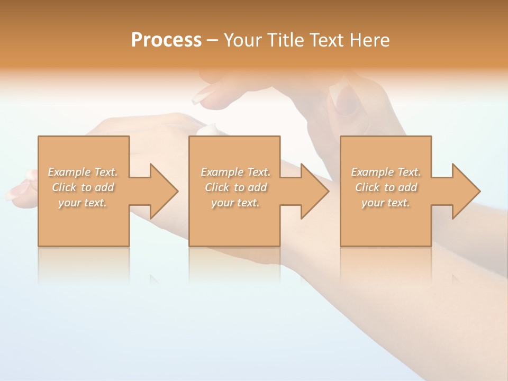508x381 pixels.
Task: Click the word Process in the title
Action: (x=166, y=40)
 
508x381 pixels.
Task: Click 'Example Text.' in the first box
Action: (x=83, y=172)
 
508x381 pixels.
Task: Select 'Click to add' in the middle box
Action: (x=235, y=187)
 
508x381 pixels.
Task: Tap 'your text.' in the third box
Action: (x=386, y=203)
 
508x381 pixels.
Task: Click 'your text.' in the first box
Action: (x=83, y=203)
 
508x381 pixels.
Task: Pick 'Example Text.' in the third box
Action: (x=386, y=172)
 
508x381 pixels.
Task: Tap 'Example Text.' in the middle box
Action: (x=235, y=172)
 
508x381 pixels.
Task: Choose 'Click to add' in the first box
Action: (x=83, y=187)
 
